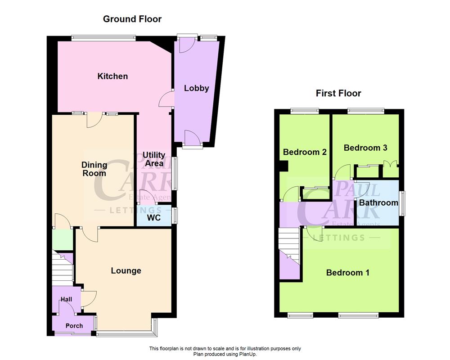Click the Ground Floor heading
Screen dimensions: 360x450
(x=132, y=19)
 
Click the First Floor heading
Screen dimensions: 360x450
(x=338, y=94)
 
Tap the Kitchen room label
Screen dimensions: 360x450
(x=112, y=76)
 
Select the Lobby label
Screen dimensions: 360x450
(x=197, y=88)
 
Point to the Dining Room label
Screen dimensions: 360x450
(x=94, y=169)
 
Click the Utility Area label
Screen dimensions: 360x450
(x=154, y=159)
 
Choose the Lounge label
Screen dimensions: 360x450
(x=126, y=270)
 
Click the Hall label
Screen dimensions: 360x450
(x=67, y=299)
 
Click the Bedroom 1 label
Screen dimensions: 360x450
(x=347, y=273)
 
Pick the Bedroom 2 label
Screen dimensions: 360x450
(x=305, y=152)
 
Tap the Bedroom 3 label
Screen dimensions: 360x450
(x=365, y=148)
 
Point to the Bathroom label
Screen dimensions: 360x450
(x=378, y=203)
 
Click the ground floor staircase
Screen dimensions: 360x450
(x=62, y=269)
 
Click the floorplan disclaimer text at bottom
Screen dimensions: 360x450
(x=225, y=351)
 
